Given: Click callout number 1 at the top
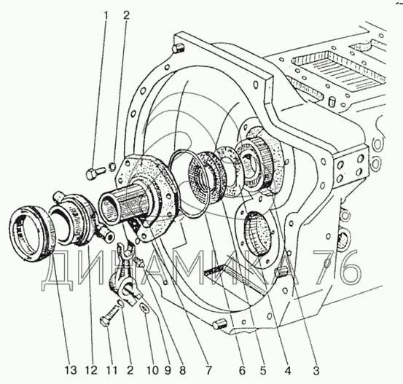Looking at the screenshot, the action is tap(106, 16).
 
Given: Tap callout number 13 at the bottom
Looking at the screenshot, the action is tap(71, 370).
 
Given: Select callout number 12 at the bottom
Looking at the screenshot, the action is tap(92, 370).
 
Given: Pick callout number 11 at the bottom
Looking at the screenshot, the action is tap(111, 370).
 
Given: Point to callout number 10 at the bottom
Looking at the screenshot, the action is tap(152, 370).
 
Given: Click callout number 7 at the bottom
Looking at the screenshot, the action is tap(208, 370).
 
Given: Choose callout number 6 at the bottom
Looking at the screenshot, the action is tap(242, 370).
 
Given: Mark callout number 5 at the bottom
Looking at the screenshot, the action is tap(262, 370).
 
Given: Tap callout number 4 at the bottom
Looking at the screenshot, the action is tap(288, 370).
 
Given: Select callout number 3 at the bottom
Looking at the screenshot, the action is tap(316, 370).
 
